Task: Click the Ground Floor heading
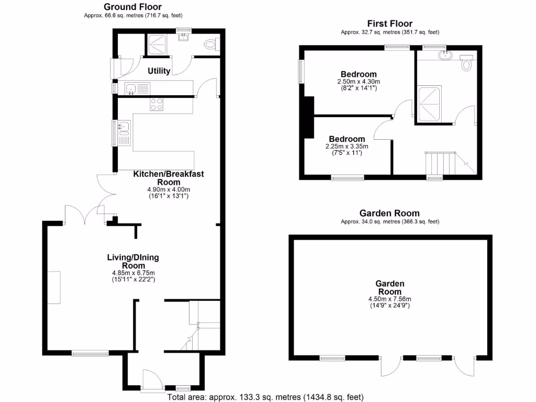132,7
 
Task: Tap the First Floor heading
389,24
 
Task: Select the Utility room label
159,71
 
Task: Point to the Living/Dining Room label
133,261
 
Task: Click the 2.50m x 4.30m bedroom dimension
359,82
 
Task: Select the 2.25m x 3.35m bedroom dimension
347,146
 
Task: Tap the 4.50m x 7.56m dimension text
390,299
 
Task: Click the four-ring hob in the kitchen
157,104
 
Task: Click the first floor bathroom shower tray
429,103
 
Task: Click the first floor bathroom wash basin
445,54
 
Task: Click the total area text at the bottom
265,397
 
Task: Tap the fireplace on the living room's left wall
55,287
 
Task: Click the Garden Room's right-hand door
464,366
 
